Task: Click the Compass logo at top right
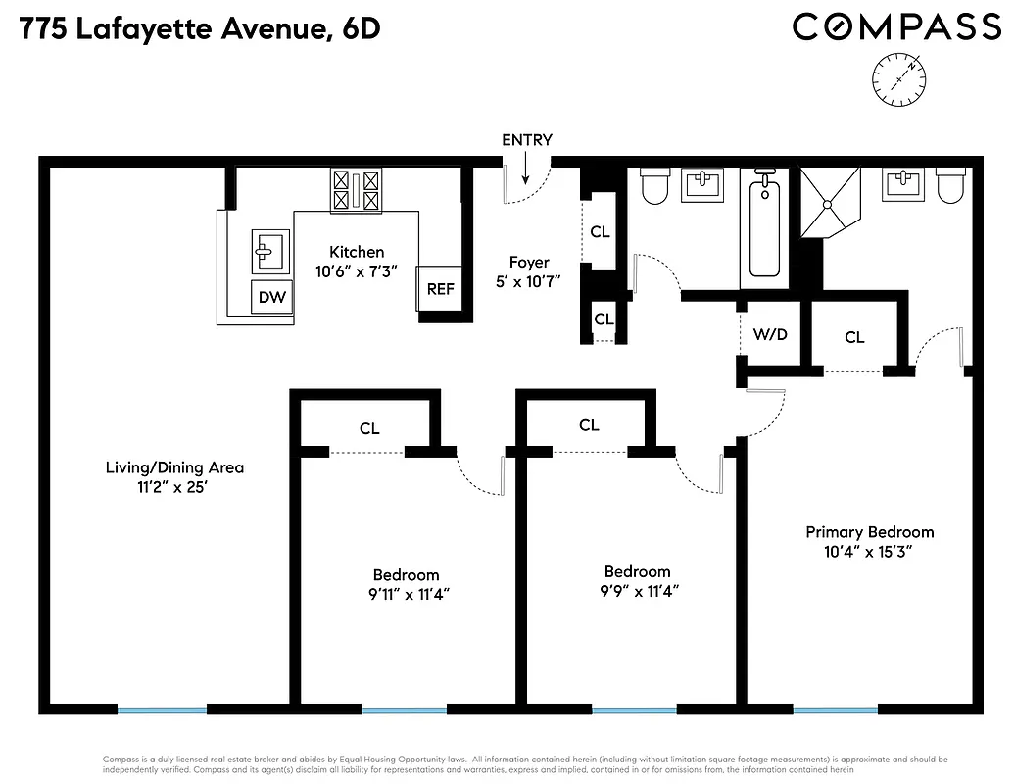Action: (x=895, y=26)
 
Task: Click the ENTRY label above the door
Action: (x=527, y=140)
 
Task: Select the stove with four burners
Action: (x=357, y=190)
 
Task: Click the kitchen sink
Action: (x=269, y=252)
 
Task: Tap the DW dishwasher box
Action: (x=272, y=296)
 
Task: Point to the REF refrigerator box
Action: (x=440, y=289)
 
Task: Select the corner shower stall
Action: (x=830, y=203)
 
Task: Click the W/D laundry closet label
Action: (x=770, y=335)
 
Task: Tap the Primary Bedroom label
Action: (x=869, y=532)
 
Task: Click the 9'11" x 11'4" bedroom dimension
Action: (x=406, y=593)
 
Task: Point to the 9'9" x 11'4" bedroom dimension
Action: (x=637, y=590)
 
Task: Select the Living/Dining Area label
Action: (x=174, y=467)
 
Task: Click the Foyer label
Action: (x=528, y=262)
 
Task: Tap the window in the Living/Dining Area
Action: (x=162, y=709)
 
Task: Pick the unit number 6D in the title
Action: (x=360, y=30)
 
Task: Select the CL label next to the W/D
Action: (x=854, y=337)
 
